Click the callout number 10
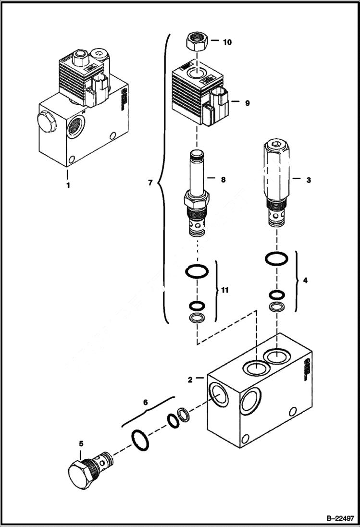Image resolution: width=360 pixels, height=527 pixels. point(227,42)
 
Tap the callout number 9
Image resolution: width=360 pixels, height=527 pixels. point(247,103)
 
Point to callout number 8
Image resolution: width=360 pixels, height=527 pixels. point(223,180)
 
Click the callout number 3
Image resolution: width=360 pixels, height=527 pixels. point(308,180)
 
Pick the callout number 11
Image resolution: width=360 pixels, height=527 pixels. point(224,290)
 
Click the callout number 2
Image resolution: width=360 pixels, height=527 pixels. point(191,380)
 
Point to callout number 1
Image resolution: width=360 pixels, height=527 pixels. point(68,185)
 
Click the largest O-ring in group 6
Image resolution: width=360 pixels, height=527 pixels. point(140,440)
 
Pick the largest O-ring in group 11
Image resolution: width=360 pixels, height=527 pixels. point(197,272)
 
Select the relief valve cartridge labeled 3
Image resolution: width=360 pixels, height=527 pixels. point(275,183)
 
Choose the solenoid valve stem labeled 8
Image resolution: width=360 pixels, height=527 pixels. point(196,192)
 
